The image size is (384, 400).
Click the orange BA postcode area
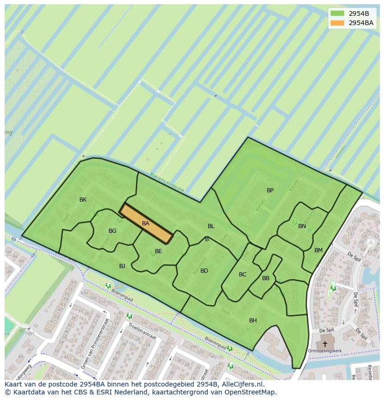pyautogui.click(x=146, y=223)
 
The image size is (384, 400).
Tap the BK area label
pyautogui.click(x=83, y=200)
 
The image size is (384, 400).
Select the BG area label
pyautogui.click(x=112, y=231)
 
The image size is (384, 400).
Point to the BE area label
pyautogui.click(x=158, y=251)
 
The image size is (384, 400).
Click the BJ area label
pyautogui.click(x=122, y=266)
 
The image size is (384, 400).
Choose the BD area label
pyautogui.click(x=204, y=271)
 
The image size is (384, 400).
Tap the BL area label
pyautogui.click(x=211, y=226)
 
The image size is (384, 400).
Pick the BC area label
pyautogui.click(x=243, y=275)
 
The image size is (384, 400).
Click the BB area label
pyautogui.click(x=266, y=278)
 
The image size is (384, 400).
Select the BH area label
pyautogui.click(x=253, y=321)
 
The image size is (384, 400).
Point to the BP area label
pyautogui.click(x=270, y=190)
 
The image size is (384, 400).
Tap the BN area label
pyautogui.click(x=302, y=226)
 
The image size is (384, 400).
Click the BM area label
pyautogui.click(x=318, y=250)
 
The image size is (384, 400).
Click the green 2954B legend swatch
pyautogui.click(x=338, y=13)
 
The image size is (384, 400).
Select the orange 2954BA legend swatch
pyautogui.click(x=338, y=23)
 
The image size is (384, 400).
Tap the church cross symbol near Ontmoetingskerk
pyautogui.click(x=325, y=344)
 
